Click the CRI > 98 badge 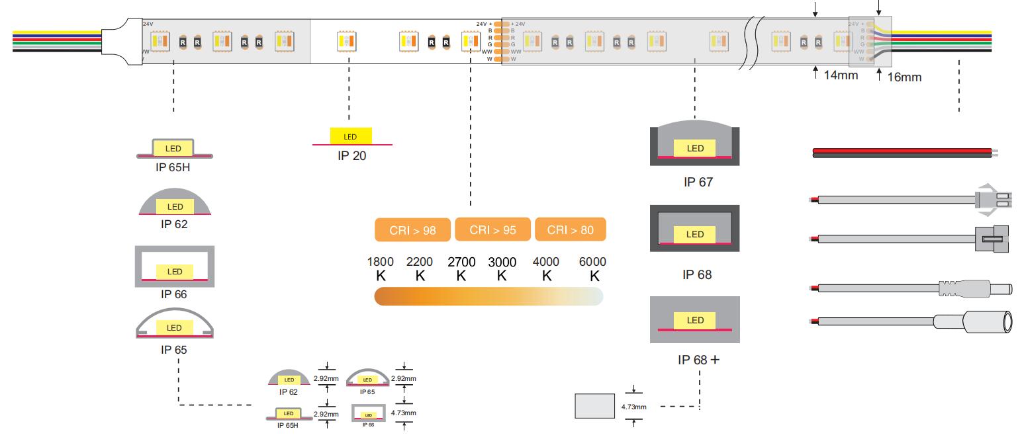pos(412,230)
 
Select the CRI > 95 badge pos(494,230)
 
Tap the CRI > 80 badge pos(571,230)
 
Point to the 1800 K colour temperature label pos(380,268)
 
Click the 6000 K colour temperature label pos(592,268)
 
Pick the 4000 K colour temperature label pos(546,268)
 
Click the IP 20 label pos(351,156)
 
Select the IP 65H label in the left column pos(174,167)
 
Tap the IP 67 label pos(698,182)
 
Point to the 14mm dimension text pos(841,75)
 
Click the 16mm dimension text pos(904,77)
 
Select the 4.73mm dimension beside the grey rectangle pos(633,407)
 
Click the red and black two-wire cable pos(904,153)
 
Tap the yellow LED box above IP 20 pos(351,137)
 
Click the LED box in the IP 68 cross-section pos(695,235)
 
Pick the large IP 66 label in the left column pos(174,294)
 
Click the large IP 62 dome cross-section pos(175,202)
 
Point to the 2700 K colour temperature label pos(461,268)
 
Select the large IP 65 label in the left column pos(174,349)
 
